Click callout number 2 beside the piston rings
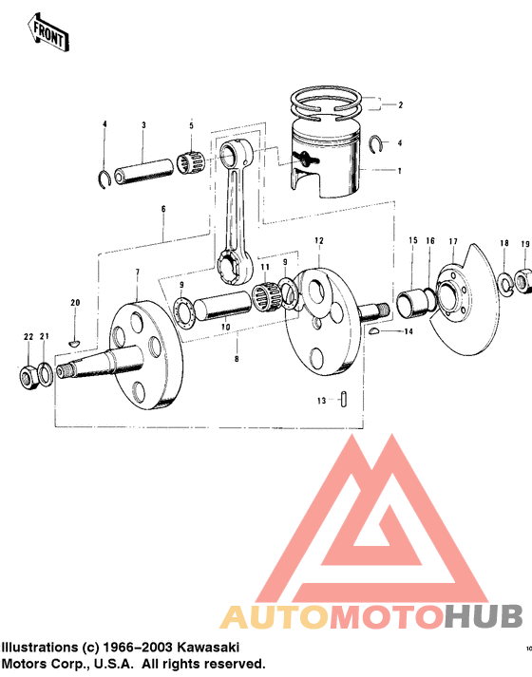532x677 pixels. (400, 104)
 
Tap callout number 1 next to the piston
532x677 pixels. (400, 171)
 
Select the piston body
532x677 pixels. (328, 161)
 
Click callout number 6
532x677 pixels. (163, 208)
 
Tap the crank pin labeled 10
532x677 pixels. (226, 309)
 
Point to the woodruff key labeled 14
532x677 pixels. (377, 330)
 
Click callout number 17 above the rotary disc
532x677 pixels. (453, 241)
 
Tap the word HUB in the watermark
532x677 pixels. (485, 617)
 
